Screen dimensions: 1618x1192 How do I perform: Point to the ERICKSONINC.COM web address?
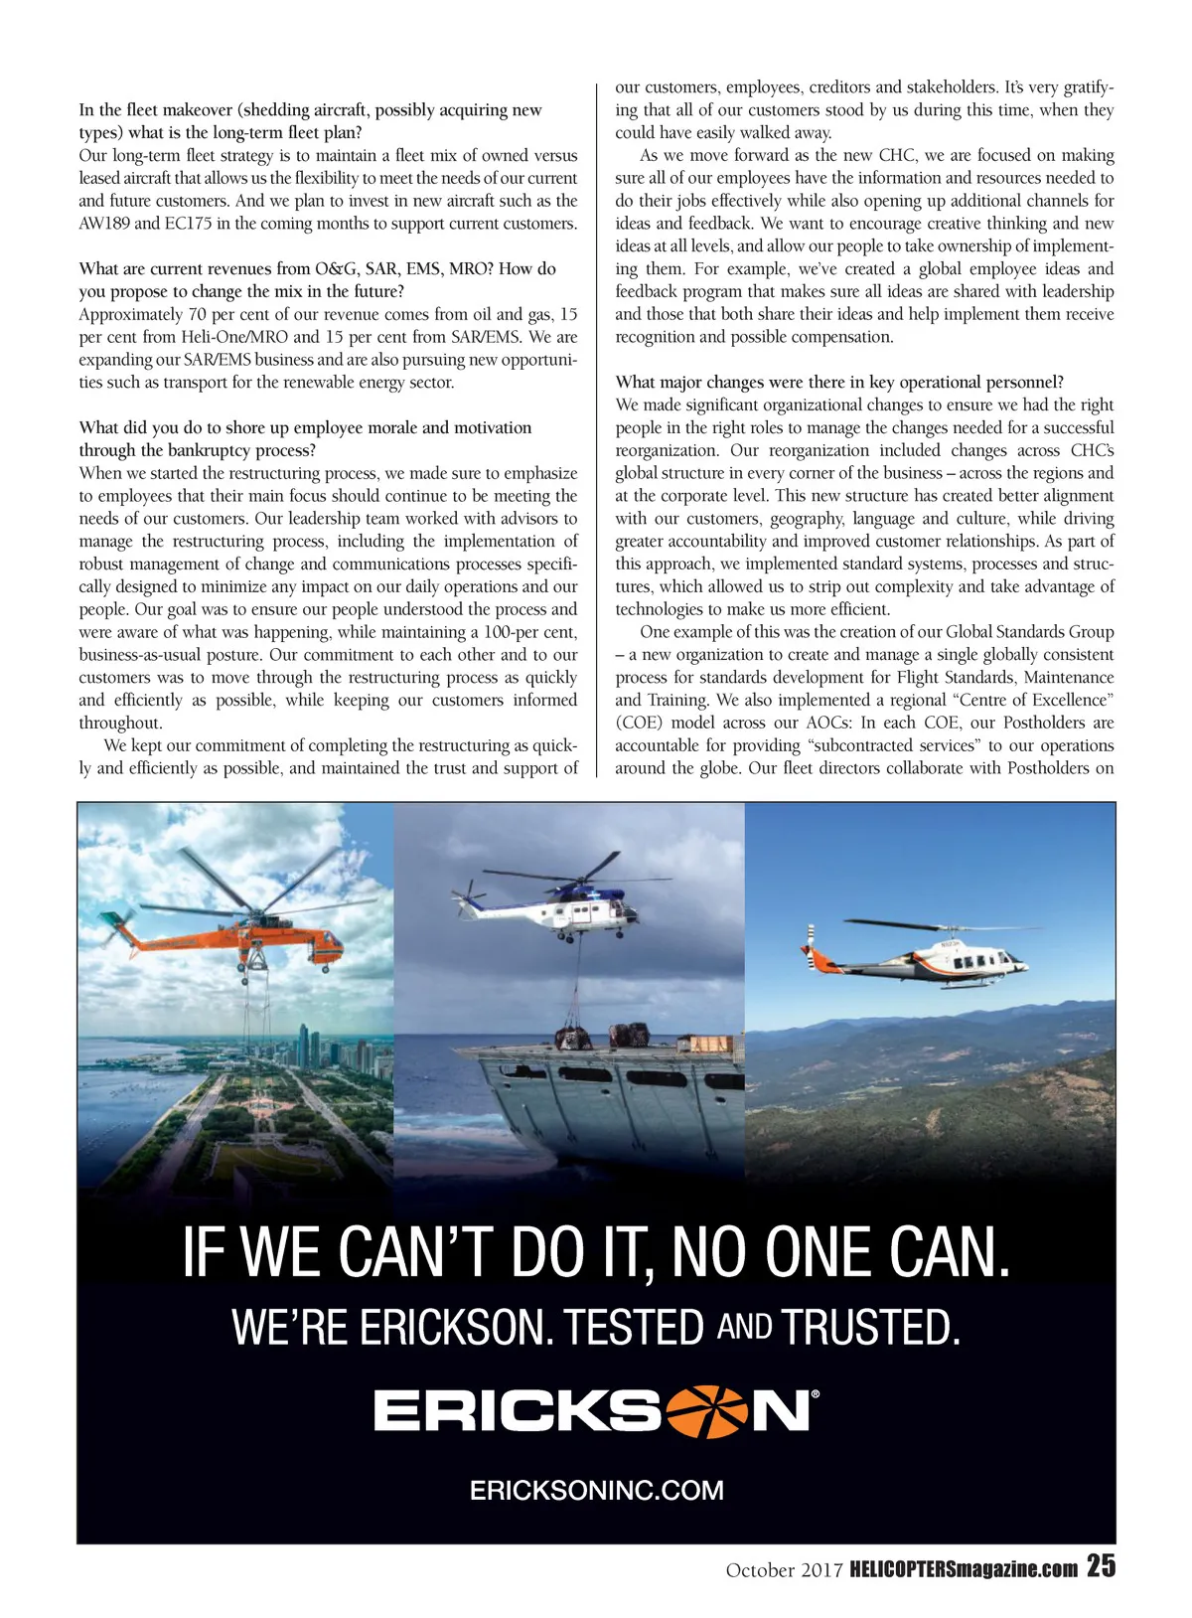click(x=596, y=1490)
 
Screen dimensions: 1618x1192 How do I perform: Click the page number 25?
click(x=1101, y=1567)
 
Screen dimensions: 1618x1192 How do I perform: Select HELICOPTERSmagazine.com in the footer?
click(x=964, y=1569)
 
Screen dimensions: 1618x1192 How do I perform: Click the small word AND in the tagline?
click(x=744, y=1326)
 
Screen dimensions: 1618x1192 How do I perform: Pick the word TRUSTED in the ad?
click(x=870, y=1328)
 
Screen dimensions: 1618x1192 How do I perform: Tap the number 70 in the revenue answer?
click(x=197, y=315)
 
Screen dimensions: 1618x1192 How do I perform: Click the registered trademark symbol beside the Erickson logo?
click(x=816, y=1394)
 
